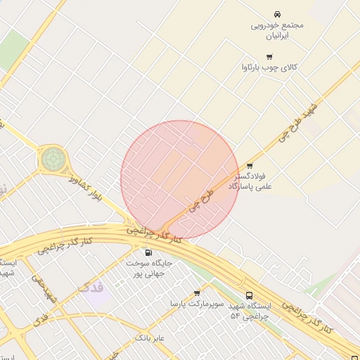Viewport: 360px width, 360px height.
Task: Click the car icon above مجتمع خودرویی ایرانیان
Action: pos(278,14)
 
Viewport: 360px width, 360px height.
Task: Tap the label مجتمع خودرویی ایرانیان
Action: pos(278,30)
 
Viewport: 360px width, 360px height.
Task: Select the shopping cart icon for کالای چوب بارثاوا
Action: pos(269,56)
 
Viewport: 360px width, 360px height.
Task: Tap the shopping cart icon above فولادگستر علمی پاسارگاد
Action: pos(250,166)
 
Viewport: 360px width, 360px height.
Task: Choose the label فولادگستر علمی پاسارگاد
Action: pos(250,181)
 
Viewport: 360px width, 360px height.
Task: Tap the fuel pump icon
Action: pos(148,252)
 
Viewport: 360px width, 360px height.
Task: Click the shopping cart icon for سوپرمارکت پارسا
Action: pos(197,292)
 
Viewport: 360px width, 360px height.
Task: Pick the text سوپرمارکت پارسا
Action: pos(197,304)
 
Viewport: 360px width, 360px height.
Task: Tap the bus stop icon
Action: pos(249,296)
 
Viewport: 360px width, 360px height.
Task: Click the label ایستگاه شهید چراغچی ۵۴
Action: pos(250,311)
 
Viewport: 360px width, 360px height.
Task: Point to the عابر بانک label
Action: pos(150,338)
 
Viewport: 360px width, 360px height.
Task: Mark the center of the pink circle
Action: pos(180,180)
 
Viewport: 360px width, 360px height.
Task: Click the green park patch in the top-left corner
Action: pos(14,48)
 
